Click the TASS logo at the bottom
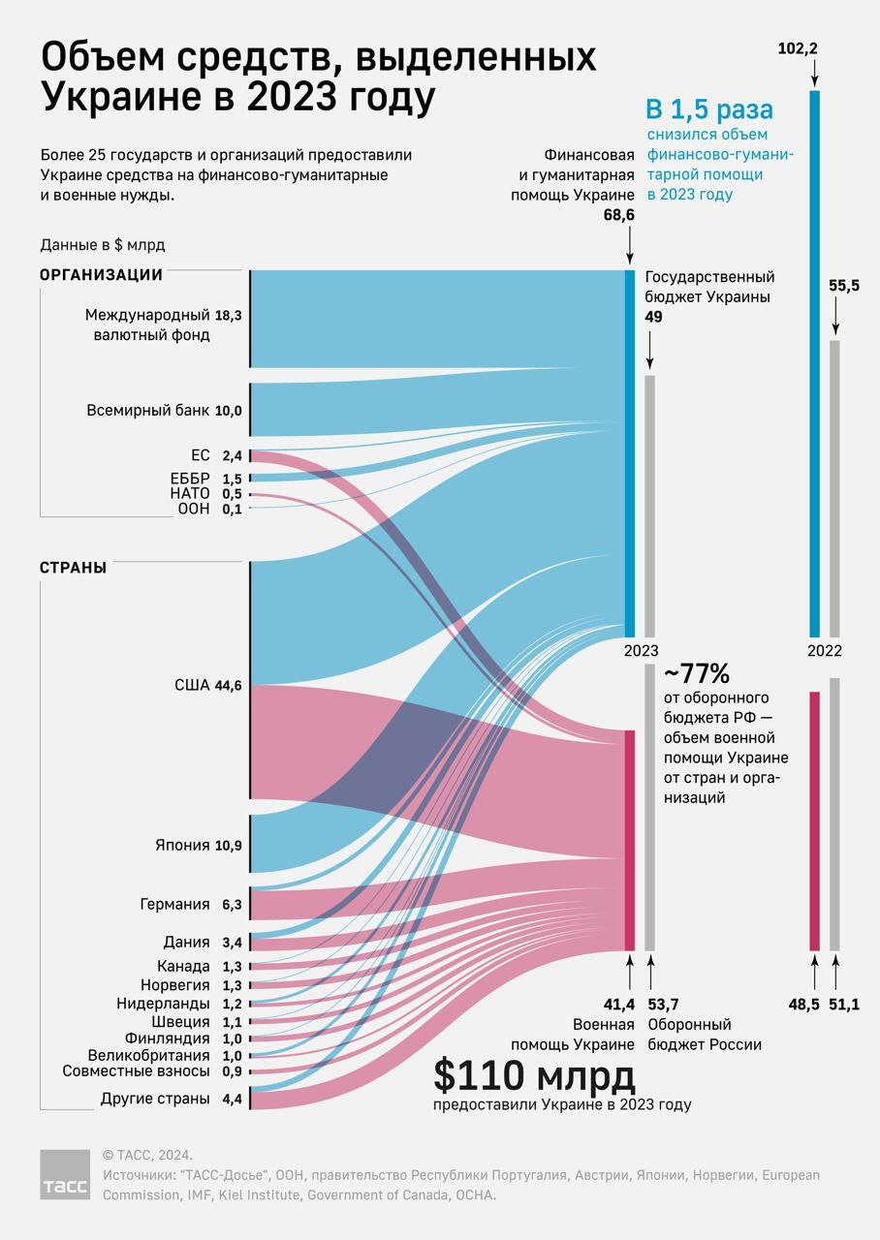click(x=64, y=1174)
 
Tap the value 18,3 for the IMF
click(x=229, y=315)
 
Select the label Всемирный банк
click(x=147, y=411)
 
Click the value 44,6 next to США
click(x=229, y=686)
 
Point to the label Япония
click(x=182, y=845)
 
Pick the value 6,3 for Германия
click(x=232, y=905)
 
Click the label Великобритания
click(x=148, y=1055)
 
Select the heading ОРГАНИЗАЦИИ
click(x=101, y=275)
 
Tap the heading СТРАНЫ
click(x=73, y=568)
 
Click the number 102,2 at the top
click(x=799, y=47)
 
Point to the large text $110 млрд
click(x=534, y=1075)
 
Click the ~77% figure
click(x=697, y=673)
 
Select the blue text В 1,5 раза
click(x=709, y=108)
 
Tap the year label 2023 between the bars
click(x=642, y=651)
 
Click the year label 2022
click(x=825, y=651)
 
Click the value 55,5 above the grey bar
click(x=844, y=286)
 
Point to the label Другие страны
click(x=155, y=1099)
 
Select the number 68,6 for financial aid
click(x=617, y=215)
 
